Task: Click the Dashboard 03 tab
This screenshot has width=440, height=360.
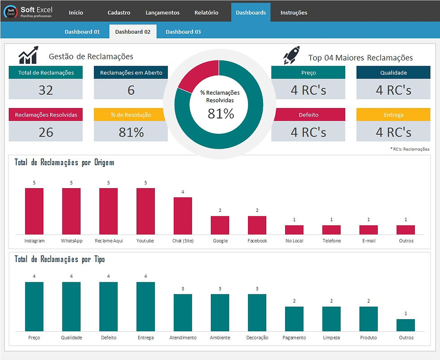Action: pyautogui.click(x=183, y=32)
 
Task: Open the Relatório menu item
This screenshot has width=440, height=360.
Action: pyautogui.click(x=206, y=13)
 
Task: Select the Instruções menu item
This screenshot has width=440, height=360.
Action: pyautogui.click(x=294, y=13)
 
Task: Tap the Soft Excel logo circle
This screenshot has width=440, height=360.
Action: pyautogui.click(x=11, y=11)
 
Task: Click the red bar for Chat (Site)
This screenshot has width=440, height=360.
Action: pyautogui.click(x=183, y=215)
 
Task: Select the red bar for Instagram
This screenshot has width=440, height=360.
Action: pyautogui.click(x=34, y=211)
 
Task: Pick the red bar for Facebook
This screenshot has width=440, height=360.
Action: pyautogui.click(x=257, y=225)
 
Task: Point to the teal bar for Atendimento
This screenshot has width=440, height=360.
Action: pyautogui.click(x=183, y=312)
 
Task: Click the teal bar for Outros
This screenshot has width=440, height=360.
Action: pyautogui.click(x=405, y=325)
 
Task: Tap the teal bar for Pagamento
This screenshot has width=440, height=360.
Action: pyautogui.click(x=294, y=319)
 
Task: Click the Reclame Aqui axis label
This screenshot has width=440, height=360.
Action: pyautogui.click(x=108, y=241)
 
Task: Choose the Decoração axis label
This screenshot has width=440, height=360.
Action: pyautogui.click(x=257, y=338)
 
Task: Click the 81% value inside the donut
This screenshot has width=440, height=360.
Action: pyautogui.click(x=220, y=114)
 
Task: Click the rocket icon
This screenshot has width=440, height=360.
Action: pyautogui.click(x=291, y=55)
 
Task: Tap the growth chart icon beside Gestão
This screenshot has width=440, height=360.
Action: pyautogui.click(x=28, y=55)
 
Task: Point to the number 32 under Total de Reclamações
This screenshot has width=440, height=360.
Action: pyautogui.click(x=45, y=90)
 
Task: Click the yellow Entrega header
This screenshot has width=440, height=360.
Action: pyautogui.click(x=393, y=115)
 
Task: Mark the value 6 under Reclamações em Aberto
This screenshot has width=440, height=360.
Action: pyautogui.click(x=131, y=90)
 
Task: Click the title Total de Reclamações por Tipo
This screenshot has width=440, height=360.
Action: pyautogui.click(x=60, y=259)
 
